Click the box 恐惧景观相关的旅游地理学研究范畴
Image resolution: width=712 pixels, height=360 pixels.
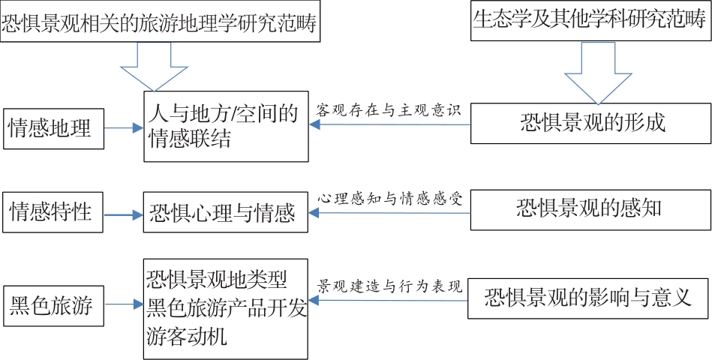point(160,21)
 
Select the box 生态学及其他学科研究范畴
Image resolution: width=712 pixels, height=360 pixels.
point(590,21)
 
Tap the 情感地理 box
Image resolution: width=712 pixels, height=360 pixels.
point(53,128)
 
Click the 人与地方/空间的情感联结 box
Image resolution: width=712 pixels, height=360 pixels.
point(226,126)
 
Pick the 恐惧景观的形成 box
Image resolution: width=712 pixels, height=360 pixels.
point(590,124)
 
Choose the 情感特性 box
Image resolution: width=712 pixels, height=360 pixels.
point(53,212)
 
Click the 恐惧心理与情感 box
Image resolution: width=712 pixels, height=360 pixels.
point(226,212)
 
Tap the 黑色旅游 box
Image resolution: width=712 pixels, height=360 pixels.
point(53,305)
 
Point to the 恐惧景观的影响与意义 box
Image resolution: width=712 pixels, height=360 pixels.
point(589,298)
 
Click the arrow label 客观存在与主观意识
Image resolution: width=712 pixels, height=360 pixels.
point(389,109)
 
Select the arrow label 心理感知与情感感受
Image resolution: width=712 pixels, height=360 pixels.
point(389,199)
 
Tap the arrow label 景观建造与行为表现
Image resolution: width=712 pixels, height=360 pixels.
point(389,286)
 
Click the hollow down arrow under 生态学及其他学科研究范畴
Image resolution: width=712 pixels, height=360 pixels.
point(599,73)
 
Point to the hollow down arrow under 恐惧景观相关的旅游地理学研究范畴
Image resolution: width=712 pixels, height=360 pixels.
point(154,67)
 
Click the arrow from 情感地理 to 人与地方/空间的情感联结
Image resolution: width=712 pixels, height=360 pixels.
point(124,128)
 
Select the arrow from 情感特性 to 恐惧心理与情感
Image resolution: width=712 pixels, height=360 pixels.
point(124,214)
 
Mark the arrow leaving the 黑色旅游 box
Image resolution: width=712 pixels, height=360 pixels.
point(124,304)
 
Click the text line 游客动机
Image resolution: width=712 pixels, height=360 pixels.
point(187,337)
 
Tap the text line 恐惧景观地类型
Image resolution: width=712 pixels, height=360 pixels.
point(217,280)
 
